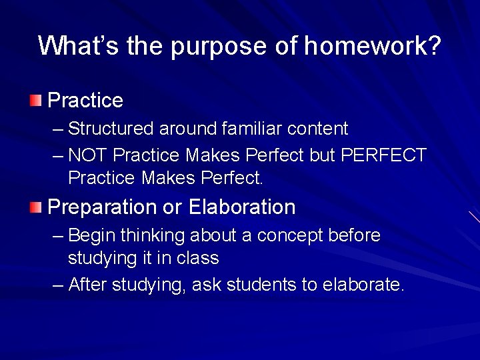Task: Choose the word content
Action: click(x=319, y=129)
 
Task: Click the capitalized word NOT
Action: click(x=88, y=155)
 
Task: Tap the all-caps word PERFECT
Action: click(x=383, y=155)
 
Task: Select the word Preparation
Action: click(x=103, y=207)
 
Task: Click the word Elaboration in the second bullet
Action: click(x=242, y=207)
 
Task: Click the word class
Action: click(x=198, y=258)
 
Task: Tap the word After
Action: click(x=88, y=285)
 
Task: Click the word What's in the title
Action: click(x=76, y=46)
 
